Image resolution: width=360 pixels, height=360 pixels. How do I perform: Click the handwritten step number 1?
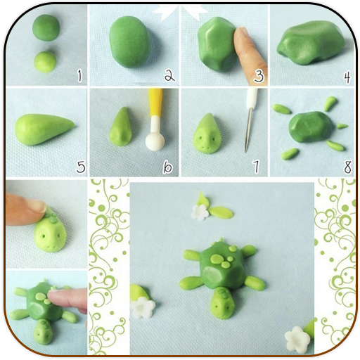point(79,77)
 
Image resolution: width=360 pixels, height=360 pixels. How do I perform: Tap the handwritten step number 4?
point(347,77)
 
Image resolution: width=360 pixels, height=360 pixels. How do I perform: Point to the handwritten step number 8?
point(348,167)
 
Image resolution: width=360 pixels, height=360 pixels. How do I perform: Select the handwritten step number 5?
point(81,167)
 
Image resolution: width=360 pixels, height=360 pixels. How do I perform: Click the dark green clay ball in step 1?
point(46,27)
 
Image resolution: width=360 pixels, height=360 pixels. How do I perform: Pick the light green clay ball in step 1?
point(45,62)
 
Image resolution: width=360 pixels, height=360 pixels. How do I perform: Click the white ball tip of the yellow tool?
point(155,141)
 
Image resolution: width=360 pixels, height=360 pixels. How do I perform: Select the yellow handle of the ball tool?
point(155,103)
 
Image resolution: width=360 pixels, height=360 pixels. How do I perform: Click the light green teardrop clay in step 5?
point(44,129)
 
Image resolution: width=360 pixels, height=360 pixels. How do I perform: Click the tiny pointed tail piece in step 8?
point(342,126)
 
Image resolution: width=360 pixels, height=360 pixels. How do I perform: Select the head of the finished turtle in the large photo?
point(221,303)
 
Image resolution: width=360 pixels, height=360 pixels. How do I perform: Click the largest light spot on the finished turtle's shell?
point(217,259)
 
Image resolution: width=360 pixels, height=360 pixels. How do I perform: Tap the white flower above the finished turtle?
point(200,212)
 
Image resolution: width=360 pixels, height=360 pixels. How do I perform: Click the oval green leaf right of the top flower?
point(221,212)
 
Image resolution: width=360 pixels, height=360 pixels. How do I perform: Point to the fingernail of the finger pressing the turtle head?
point(37,205)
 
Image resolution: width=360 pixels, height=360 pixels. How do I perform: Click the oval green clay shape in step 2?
point(130,41)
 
